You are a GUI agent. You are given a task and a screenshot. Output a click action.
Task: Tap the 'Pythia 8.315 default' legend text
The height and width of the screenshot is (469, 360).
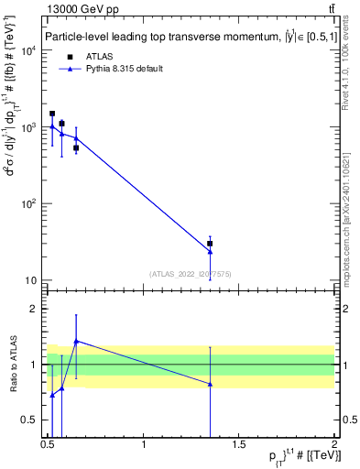pos(127,69)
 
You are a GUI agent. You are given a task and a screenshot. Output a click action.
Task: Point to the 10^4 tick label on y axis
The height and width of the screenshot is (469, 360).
pos(29,50)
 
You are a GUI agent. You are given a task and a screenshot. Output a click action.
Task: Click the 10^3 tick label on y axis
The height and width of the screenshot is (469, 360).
pos(29,127)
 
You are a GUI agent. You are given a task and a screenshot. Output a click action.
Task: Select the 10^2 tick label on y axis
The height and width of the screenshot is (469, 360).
pos(29,203)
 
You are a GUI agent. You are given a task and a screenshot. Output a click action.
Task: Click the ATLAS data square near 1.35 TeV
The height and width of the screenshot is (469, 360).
pos(211,244)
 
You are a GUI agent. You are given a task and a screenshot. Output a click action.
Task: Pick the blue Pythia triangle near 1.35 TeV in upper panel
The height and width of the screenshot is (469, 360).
pos(211,252)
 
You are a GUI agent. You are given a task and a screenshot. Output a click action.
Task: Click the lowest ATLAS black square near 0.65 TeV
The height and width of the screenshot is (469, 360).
pos(76,147)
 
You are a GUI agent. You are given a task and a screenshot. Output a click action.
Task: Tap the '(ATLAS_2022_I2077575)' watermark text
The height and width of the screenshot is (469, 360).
pos(191,273)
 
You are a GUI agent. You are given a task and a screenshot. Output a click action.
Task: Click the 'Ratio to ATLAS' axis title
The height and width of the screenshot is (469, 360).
pos(13,365)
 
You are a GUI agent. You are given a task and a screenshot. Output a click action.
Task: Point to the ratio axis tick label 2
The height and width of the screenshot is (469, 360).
pos(34,310)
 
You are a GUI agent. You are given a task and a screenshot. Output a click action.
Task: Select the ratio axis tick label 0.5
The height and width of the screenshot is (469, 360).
pos(31,420)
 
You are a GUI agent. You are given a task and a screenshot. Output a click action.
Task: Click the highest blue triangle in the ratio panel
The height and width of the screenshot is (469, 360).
pos(76,341)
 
